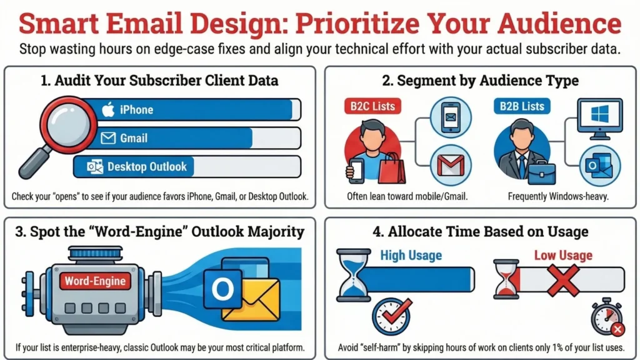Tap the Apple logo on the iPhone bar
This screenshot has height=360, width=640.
point(108,110)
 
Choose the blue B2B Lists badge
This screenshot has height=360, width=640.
point(521,106)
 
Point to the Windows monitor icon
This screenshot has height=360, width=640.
point(599,119)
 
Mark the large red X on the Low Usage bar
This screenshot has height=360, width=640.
point(564,279)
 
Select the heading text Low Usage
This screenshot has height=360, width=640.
point(563,255)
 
